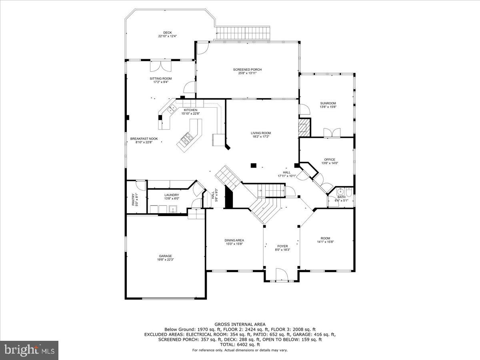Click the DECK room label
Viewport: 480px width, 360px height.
click(x=167, y=33)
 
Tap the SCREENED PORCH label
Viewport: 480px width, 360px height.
click(x=247, y=70)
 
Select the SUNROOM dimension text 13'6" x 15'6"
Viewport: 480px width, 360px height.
click(x=328, y=107)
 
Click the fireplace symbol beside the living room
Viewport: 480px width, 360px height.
click(x=304, y=127)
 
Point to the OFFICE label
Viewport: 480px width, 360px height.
click(x=330, y=160)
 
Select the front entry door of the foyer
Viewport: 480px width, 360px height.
click(x=282, y=276)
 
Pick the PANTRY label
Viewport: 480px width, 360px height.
click(x=134, y=196)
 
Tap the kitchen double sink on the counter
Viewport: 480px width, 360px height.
click(x=172, y=108)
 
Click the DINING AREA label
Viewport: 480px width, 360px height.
click(x=234, y=240)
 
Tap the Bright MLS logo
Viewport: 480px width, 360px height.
click(x=29, y=350)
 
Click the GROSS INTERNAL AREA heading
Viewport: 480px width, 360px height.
click(x=240, y=324)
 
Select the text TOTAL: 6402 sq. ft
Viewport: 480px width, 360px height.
click(x=240, y=344)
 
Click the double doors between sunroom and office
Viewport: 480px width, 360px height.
click(x=332, y=133)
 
